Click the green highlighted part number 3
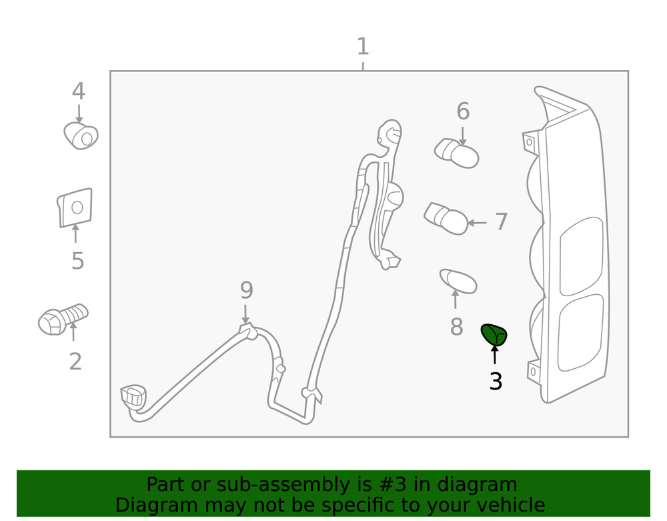[494, 334]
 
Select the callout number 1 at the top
[362, 47]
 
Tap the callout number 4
[79, 92]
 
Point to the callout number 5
[77, 261]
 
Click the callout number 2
[75, 362]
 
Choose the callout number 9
[246, 291]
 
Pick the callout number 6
[463, 111]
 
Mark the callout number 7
[502, 222]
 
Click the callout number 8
[456, 327]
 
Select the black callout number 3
[495, 382]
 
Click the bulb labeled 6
[457, 153]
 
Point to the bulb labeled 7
[446, 219]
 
